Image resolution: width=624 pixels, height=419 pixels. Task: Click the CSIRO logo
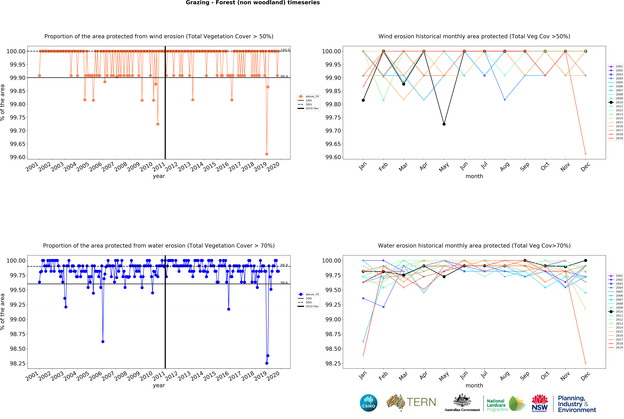pos(368,403)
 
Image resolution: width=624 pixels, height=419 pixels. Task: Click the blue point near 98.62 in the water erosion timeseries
pos(103,342)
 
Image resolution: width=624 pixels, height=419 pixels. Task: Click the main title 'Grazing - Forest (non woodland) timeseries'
pos(253,3)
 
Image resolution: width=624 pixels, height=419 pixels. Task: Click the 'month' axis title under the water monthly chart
pos(474,385)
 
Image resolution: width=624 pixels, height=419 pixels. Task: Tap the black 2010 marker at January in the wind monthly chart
pos(363,100)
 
